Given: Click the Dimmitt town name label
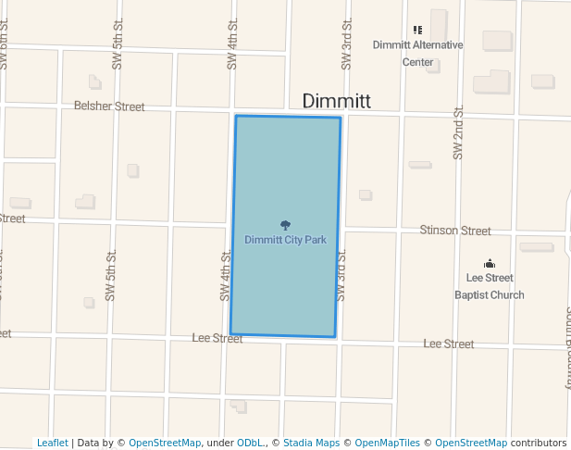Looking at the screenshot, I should click(337, 101).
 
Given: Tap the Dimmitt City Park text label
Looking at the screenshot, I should click(285, 240).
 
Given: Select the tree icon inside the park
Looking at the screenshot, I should click(285, 225).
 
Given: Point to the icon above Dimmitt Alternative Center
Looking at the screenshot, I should click(417, 30).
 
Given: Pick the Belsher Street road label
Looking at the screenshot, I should click(109, 106).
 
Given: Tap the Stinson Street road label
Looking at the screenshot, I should click(455, 230).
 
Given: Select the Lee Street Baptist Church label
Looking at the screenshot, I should click(490, 286).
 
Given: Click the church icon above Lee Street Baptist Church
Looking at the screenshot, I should click(490, 264).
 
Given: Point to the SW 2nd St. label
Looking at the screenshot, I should click(457, 133).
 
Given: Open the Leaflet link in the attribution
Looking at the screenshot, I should click(52, 443).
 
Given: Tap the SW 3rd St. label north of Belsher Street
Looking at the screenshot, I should click(346, 44).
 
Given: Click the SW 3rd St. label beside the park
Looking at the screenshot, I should click(341, 274).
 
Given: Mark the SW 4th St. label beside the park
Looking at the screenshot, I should click(225, 275).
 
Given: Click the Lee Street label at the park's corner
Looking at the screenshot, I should click(217, 339).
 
